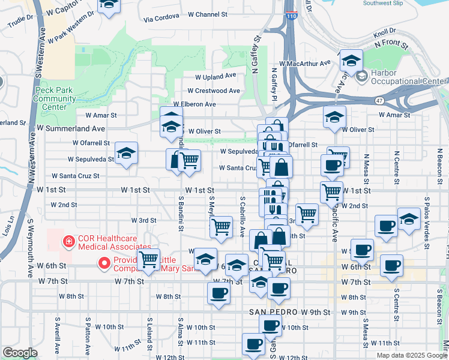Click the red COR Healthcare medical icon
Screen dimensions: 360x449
point(70,242)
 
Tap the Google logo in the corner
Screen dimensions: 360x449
point(19,353)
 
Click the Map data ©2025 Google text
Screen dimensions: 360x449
point(411,355)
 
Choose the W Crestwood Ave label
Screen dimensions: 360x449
point(213,91)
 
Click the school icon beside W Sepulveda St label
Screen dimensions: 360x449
point(126,154)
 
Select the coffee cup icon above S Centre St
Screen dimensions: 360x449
point(392,265)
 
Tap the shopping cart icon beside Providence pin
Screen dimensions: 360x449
point(148,260)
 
